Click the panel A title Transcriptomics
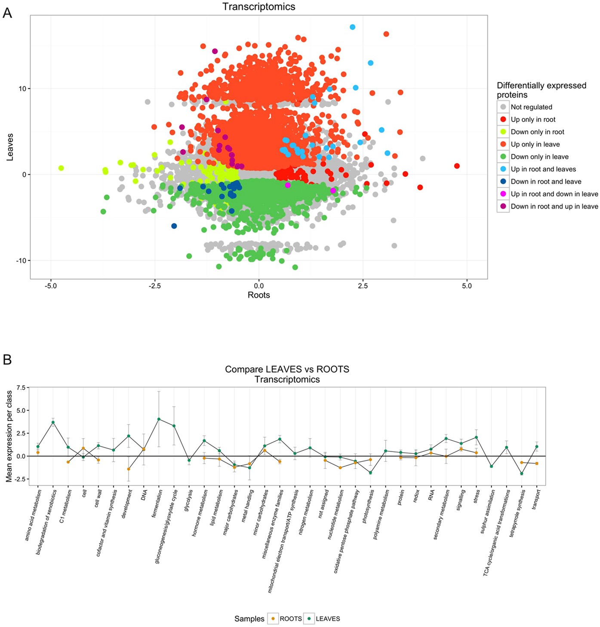pos(258,7)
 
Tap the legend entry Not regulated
pos(531,107)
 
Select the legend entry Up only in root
pos(533,120)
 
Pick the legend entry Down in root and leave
pos(545,181)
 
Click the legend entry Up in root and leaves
pos(543,169)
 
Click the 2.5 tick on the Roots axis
pos(363,286)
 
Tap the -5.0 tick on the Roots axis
pos(51,286)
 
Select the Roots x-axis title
pos(258,295)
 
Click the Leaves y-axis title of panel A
pos(10,147)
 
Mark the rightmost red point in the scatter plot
pos(457,166)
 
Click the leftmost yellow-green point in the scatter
pos(61,168)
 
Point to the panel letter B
pos(7,360)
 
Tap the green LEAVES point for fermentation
pos(159,419)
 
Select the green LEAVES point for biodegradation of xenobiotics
pos(53,422)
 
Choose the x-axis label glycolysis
pos(188,500)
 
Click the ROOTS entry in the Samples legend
pos(290,619)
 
